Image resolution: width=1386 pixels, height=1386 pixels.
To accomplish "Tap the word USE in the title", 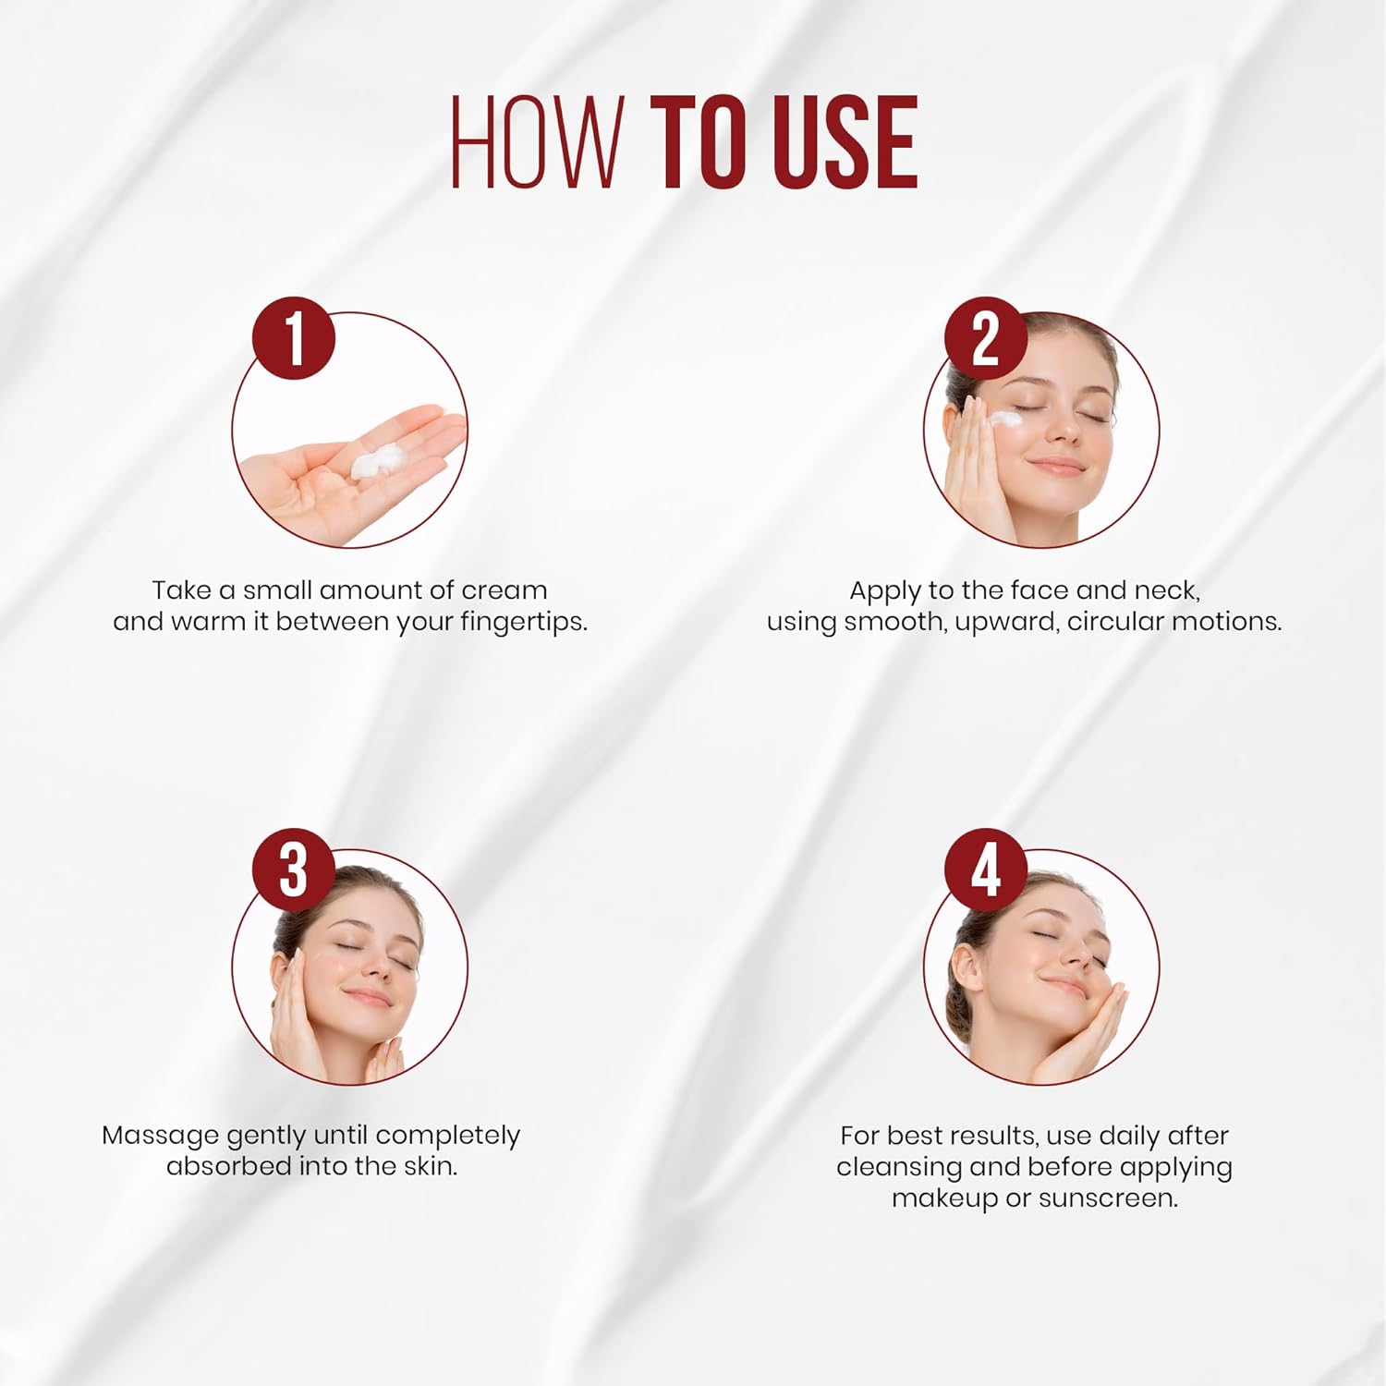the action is click(x=841, y=142).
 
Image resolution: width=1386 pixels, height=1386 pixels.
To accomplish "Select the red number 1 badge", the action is click(x=294, y=338).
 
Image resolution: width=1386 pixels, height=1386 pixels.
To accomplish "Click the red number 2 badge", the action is click(x=986, y=338).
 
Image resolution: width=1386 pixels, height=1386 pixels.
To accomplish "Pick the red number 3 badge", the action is click(x=294, y=869).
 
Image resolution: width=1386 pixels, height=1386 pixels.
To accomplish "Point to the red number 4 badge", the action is click(x=986, y=869).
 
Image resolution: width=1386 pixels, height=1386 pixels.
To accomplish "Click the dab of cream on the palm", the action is click(x=379, y=460).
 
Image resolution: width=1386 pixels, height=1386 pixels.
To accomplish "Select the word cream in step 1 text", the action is click(x=504, y=590).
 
